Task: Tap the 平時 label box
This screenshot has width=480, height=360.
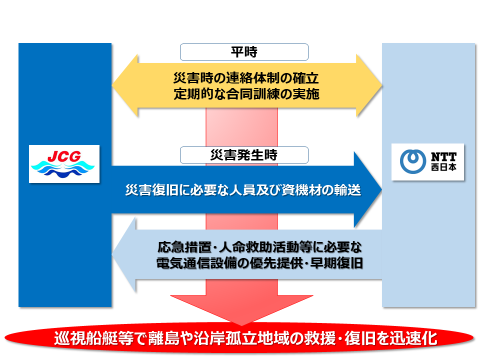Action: (x=239, y=51)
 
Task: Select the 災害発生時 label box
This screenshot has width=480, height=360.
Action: (x=239, y=155)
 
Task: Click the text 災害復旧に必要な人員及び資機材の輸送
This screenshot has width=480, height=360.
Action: (x=241, y=189)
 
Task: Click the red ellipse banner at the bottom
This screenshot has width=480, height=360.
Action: (x=240, y=331)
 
